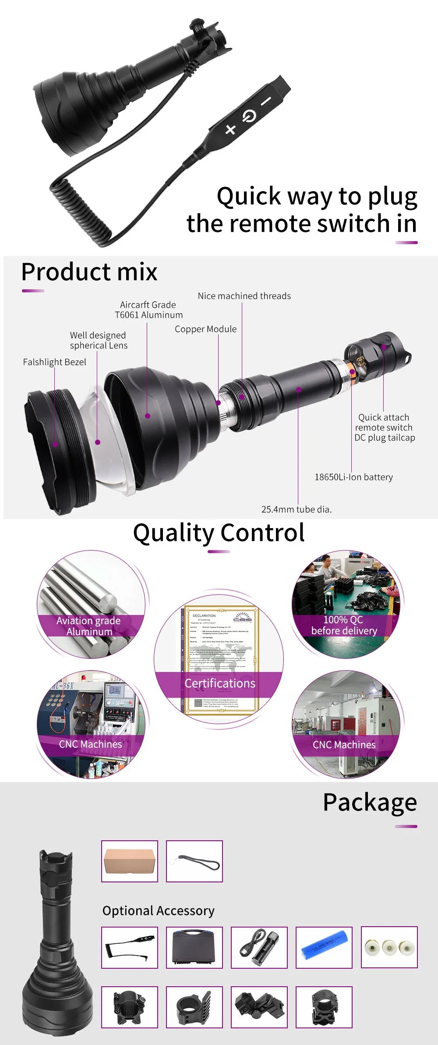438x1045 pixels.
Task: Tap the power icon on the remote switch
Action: coord(248,116)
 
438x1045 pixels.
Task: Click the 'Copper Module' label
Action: coord(205,329)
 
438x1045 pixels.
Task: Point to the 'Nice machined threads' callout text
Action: coord(244,296)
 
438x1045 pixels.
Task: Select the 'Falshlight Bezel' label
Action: coord(54,362)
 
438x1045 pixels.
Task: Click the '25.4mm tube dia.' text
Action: coord(296,509)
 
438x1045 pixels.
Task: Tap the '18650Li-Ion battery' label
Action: coord(353,477)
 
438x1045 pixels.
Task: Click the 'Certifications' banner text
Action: coord(219,683)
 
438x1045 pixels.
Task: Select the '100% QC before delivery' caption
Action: coord(344,625)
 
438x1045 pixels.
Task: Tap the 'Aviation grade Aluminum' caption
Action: coord(89,626)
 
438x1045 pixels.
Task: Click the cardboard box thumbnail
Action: coord(130,861)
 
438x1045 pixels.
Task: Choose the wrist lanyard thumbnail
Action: coord(194,861)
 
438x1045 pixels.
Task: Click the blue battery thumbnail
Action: coord(324,947)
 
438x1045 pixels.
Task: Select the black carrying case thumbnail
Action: coord(194,947)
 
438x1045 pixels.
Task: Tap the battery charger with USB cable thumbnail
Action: coord(259,947)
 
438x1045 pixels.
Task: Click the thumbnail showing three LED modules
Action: coord(389,947)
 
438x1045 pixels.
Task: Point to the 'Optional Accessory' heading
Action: coord(158,911)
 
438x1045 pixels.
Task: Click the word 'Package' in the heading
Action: coord(370,803)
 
